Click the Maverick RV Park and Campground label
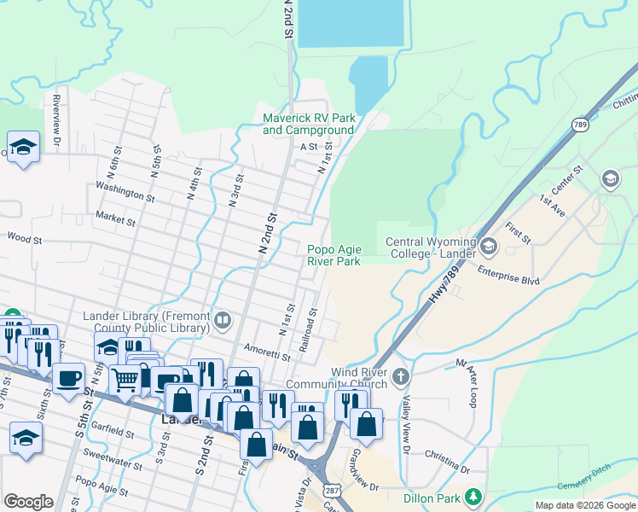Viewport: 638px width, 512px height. coord(308,124)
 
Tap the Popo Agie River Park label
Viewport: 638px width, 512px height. coord(334,255)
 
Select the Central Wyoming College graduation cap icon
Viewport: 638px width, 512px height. coord(489,247)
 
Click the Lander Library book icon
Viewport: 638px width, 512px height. coord(223,321)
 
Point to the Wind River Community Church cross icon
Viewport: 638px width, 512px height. coord(402,375)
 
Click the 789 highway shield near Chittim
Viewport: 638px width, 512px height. coord(580,125)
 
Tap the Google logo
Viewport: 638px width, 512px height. coord(28,502)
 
